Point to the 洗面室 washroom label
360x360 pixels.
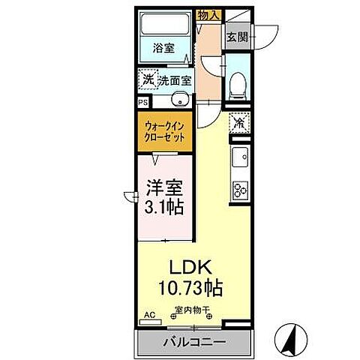tap(173, 79)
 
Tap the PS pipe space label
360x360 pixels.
tap(142, 103)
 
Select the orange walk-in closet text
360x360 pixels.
tap(163, 133)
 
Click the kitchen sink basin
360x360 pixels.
tap(241, 158)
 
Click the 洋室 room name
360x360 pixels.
tap(163, 184)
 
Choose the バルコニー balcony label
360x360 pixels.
tap(193, 343)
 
